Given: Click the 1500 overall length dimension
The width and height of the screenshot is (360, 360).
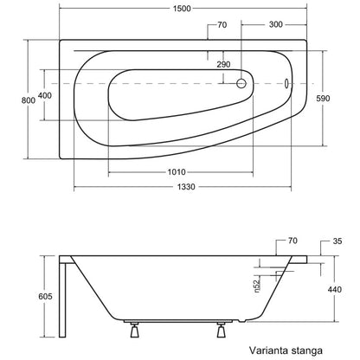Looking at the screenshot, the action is [182, 9].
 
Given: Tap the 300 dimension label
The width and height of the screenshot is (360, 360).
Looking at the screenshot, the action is [275, 24].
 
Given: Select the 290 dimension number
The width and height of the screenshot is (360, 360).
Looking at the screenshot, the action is [223, 64].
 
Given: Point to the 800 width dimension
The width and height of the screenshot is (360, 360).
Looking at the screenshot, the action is [29, 100].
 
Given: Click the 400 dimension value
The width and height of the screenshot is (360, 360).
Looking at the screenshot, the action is [45, 95].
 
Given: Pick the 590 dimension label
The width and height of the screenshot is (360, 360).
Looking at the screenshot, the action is [323, 99].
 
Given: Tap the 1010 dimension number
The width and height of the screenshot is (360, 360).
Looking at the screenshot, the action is [177, 172].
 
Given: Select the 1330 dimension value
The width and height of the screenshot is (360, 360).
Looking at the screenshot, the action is [186, 187].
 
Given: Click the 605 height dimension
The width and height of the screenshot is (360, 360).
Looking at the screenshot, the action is [45, 296].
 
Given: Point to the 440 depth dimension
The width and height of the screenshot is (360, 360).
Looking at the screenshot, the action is [335, 289].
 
